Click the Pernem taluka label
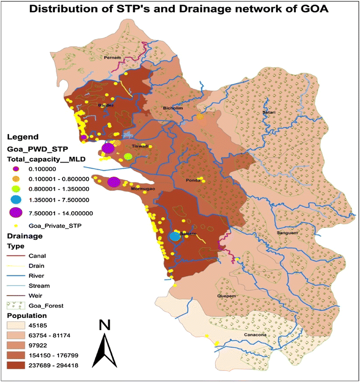click(x=111, y=58)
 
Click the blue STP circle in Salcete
click(x=174, y=236)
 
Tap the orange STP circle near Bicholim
click(x=200, y=117)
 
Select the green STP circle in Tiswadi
click(x=128, y=156)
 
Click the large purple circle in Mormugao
click(x=114, y=182)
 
